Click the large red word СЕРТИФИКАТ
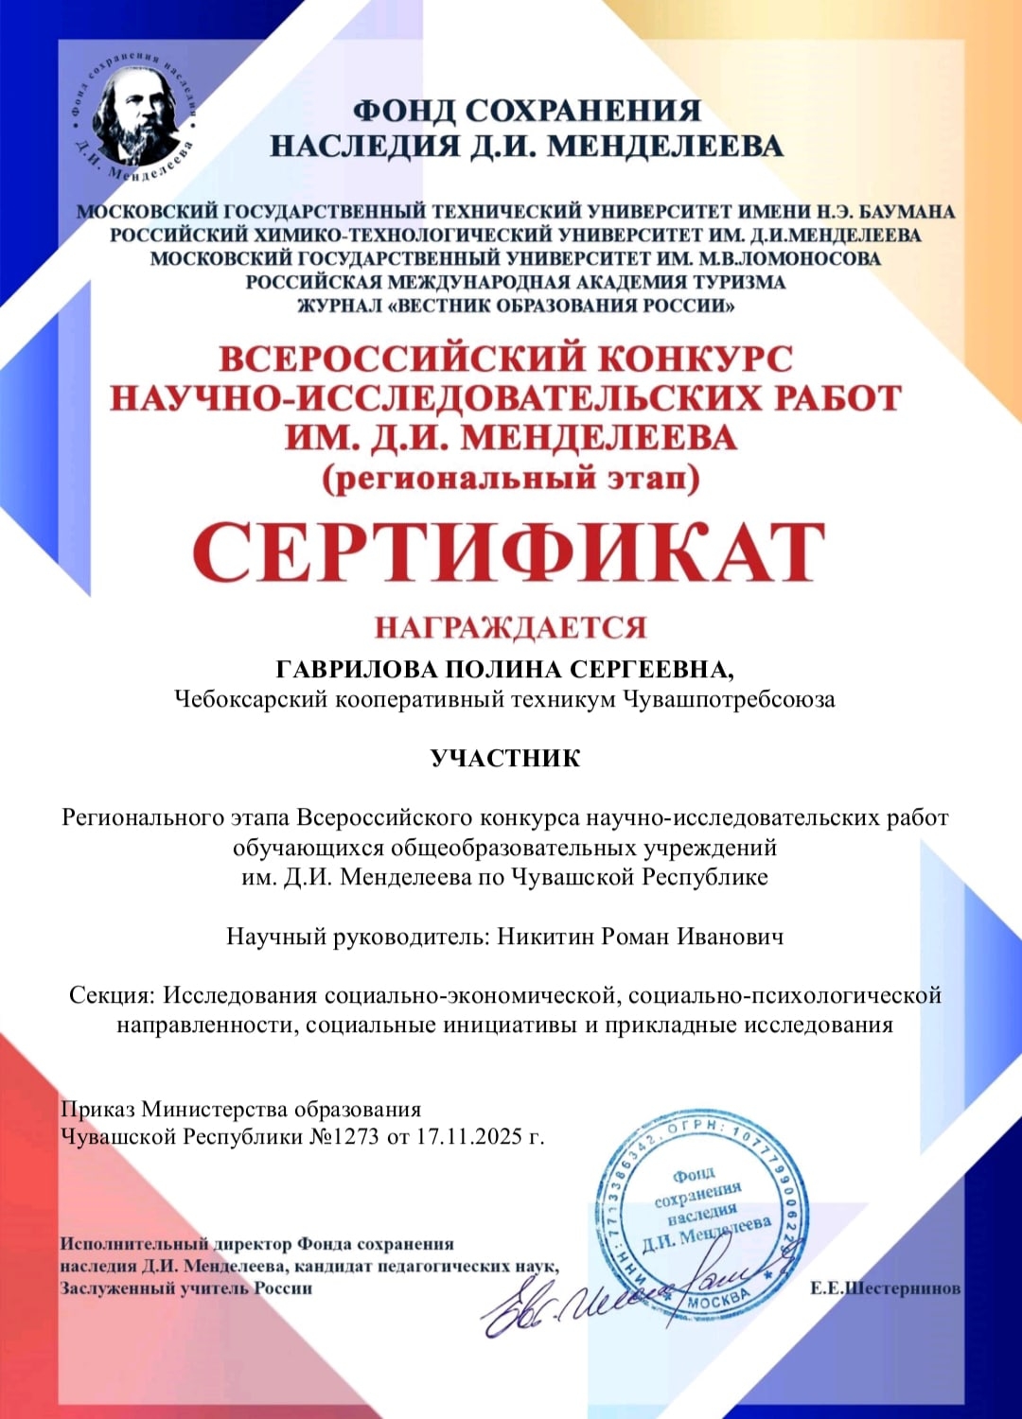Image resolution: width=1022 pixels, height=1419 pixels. pos(509,553)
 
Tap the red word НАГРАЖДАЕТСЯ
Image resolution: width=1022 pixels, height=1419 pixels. pos(510,627)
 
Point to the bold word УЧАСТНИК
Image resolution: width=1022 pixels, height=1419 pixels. pos(505,759)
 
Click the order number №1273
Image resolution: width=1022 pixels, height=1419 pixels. pos(344,1136)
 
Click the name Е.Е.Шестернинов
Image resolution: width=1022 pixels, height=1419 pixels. pos(885,1288)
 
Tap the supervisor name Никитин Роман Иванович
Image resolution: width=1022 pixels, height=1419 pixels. pos(641,937)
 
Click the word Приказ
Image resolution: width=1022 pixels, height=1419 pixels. pos(98,1109)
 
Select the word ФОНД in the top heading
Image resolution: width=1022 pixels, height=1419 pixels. pos(404,111)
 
